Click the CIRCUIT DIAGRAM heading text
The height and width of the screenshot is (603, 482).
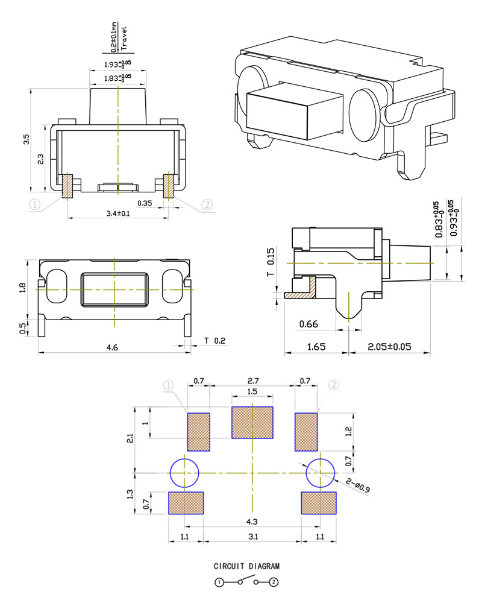coord(246,567)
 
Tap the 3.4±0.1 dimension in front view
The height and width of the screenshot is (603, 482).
coord(119,213)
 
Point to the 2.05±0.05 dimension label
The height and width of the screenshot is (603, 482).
coord(389,347)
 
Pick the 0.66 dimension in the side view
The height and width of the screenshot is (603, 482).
coord(308,325)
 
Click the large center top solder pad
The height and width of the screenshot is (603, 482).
coord(252,422)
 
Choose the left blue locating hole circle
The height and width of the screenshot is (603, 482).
coord(184,473)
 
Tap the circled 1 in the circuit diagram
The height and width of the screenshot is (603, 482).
coord(219,582)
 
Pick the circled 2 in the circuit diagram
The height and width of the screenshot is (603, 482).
coord(274,582)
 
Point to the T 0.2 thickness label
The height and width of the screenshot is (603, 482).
coord(214,341)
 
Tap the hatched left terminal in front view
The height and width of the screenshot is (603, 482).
coord(67,186)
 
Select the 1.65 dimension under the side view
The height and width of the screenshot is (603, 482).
coord(316,347)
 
